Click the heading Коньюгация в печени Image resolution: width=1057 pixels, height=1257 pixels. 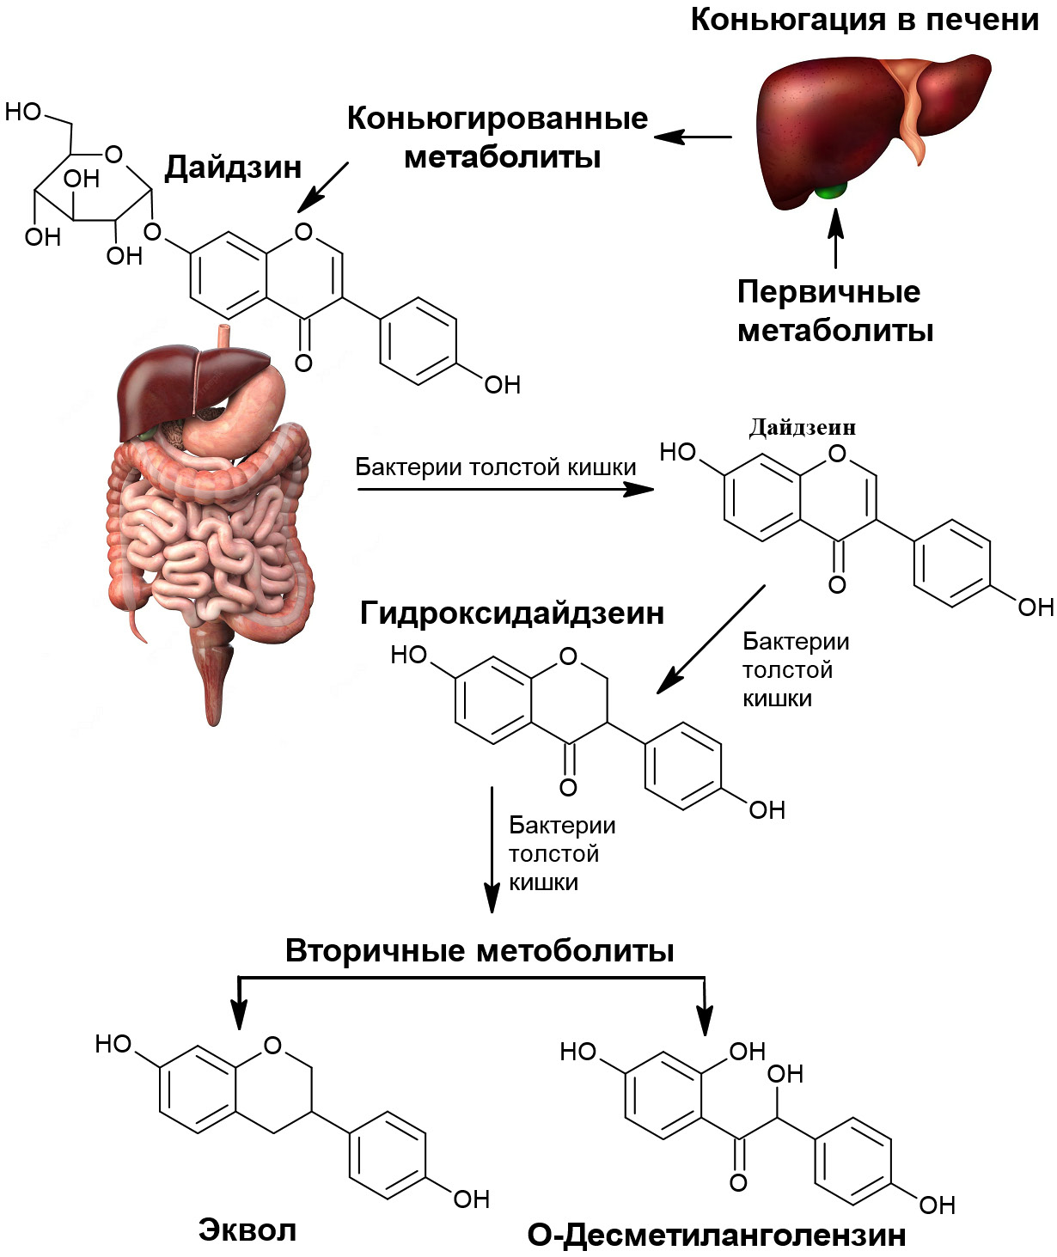click(865, 20)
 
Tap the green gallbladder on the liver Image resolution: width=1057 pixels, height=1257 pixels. click(830, 190)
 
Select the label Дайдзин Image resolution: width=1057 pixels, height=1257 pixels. click(233, 167)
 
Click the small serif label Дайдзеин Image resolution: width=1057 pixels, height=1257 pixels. click(803, 427)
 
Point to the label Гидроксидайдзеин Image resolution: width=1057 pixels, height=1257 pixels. click(512, 613)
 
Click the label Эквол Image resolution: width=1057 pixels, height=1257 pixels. click(247, 1230)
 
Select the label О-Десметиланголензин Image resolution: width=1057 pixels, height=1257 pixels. click(717, 1235)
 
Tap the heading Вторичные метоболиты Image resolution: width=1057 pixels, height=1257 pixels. click(480, 951)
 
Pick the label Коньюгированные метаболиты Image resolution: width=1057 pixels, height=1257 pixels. click(498, 137)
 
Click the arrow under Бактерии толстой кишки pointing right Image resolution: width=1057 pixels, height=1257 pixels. click(504, 489)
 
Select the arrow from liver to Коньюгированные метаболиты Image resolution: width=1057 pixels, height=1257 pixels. click(693, 137)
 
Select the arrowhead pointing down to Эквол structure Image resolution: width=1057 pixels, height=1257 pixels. click(240, 1014)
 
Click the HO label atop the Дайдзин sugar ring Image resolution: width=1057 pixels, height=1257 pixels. click(23, 112)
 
